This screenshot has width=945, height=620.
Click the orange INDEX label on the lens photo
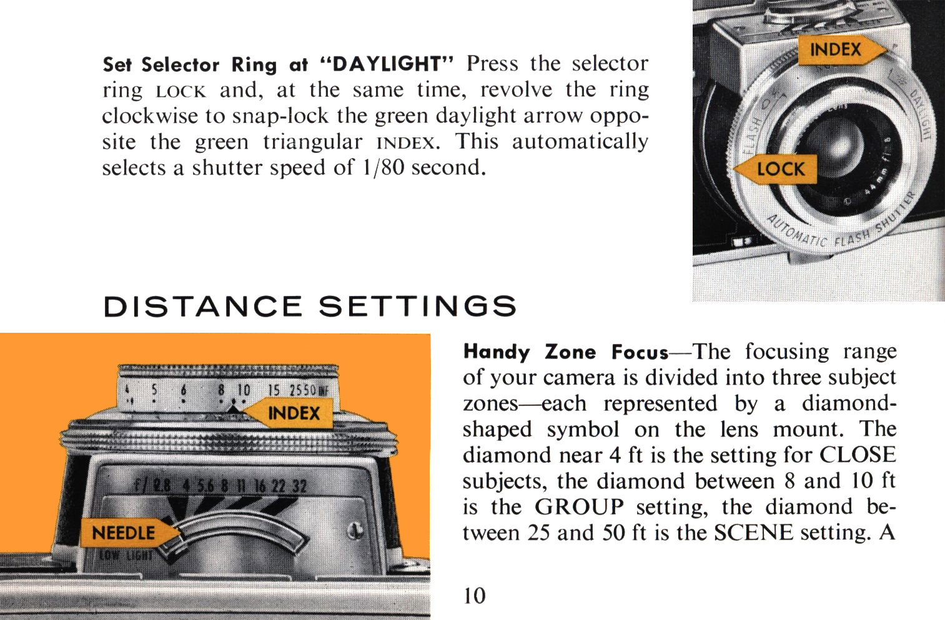(842, 50)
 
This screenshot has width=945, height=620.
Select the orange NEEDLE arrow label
(129, 533)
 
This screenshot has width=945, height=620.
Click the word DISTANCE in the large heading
(203, 306)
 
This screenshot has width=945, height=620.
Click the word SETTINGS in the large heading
(418, 306)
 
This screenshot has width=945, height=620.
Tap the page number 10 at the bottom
(475, 596)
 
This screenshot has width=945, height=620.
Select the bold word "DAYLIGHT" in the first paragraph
(387, 64)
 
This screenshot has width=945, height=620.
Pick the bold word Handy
(497, 352)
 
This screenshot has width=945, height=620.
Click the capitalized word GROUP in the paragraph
(579, 506)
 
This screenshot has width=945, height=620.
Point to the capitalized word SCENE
(753, 532)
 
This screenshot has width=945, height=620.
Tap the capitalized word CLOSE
(858, 455)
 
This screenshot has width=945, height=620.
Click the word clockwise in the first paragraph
(150, 116)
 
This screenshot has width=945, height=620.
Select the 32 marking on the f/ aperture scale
(299, 486)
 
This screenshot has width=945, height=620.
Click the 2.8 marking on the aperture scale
(162, 486)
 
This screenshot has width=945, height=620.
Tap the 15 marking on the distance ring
(274, 390)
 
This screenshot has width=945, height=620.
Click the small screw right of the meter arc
(354, 530)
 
